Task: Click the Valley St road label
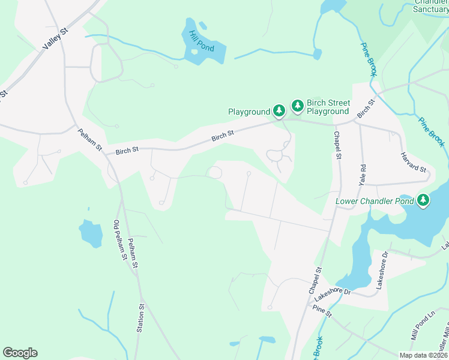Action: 55,40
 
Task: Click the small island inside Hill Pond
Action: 194,52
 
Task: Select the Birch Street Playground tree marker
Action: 297,106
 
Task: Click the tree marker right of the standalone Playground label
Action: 279,110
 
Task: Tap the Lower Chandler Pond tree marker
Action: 424,200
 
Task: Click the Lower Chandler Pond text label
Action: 375,201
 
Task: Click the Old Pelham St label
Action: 119,240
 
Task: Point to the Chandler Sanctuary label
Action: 431,5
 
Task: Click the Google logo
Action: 20,353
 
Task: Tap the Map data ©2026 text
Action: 423,355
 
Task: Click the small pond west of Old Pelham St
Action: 91,233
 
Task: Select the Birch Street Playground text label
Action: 328,107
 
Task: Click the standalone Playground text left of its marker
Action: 249,112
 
